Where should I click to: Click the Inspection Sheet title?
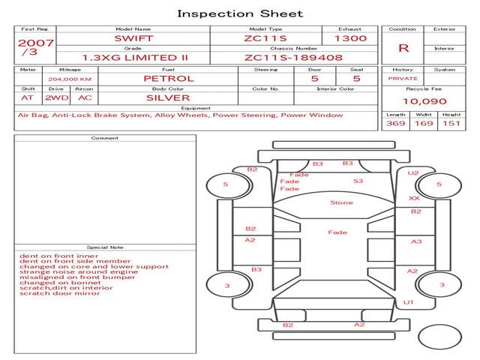pyautogui.click(x=240, y=13)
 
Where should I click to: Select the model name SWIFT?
pyautogui.click(x=133, y=38)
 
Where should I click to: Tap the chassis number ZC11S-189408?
pyautogui.click(x=293, y=58)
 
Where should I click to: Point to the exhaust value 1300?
pyautogui.click(x=350, y=38)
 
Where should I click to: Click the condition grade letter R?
pyautogui.click(x=403, y=48)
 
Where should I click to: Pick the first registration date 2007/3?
pyautogui.click(x=35, y=46)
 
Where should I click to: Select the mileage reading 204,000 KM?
pyautogui.click(x=70, y=79)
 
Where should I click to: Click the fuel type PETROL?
pyautogui.click(x=169, y=79)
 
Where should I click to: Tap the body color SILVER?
pyautogui.click(x=168, y=98)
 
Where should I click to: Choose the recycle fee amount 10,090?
pyautogui.click(x=424, y=101)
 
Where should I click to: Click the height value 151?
pyautogui.click(x=451, y=123)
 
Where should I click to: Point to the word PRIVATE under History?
pyautogui.click(x=403, y=79)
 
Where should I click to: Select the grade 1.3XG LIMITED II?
pyautogui.click(x=135, y=58)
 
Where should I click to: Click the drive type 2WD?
pyautogui.click(x=57, y=98)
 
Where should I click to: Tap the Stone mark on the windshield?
pyautogui.click(x=342, y=202)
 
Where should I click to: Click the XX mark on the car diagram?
pyautogui.click(x=414, y=198)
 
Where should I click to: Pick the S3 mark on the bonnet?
pyautogui.click(x=358, y=181)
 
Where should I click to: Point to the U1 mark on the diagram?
pyautogui.click(x=408, y=302)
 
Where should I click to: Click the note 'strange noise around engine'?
pyautogui.click(x=79, y=271)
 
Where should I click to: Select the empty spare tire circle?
pyautogui.click(x=439, y=337)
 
